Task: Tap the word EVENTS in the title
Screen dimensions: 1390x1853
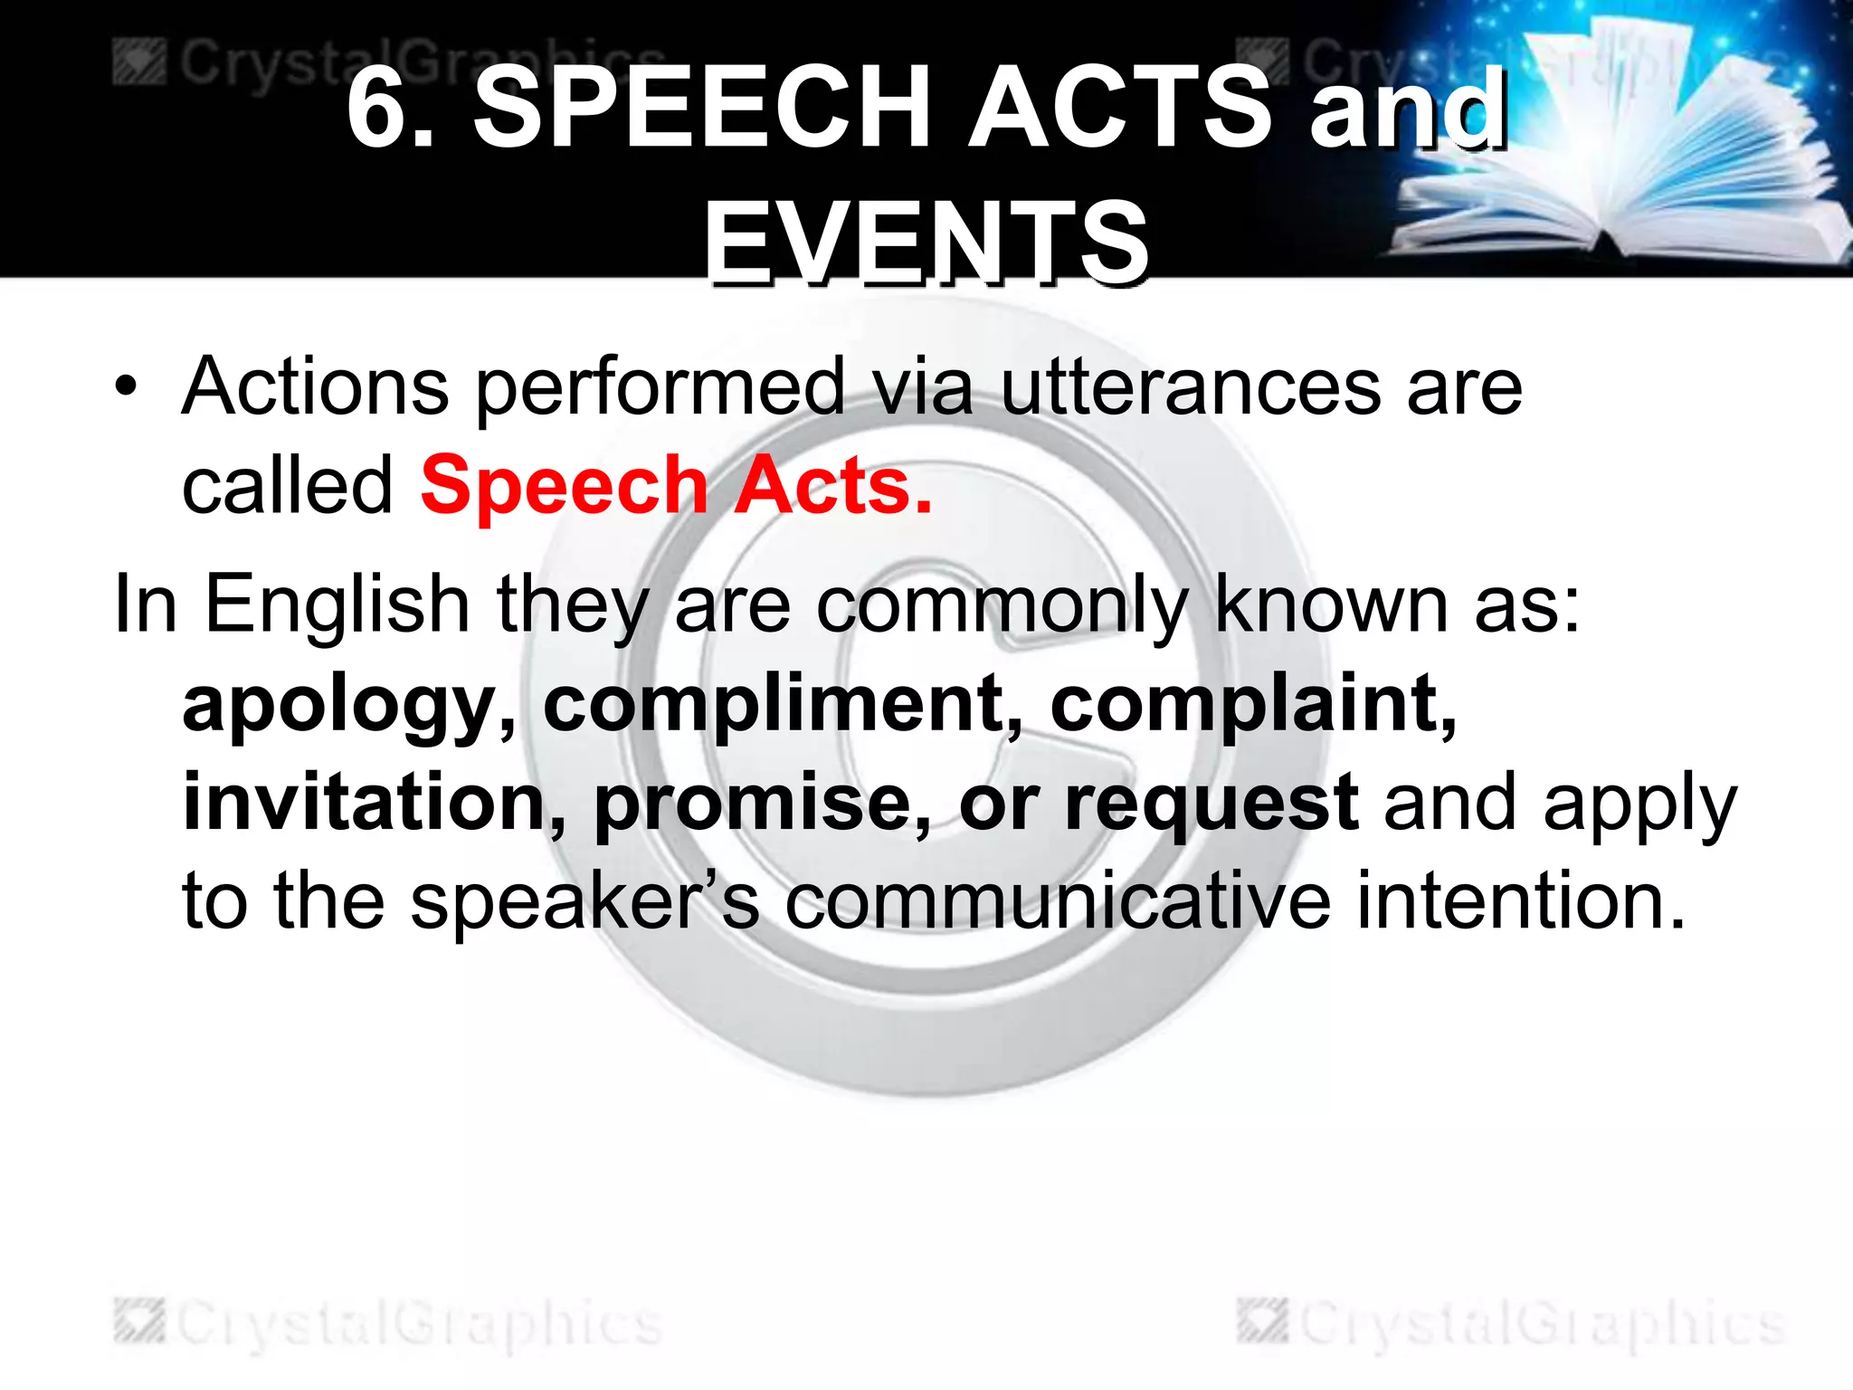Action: click(926, 243)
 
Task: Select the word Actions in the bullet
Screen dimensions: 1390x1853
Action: click(315, 387)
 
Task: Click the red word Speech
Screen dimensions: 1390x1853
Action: click(564, 486)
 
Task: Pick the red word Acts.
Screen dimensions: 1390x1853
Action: click(832, 486)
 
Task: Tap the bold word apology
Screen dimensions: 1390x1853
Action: click(349, 705)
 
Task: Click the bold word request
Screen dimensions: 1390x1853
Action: click(1211, 804)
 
